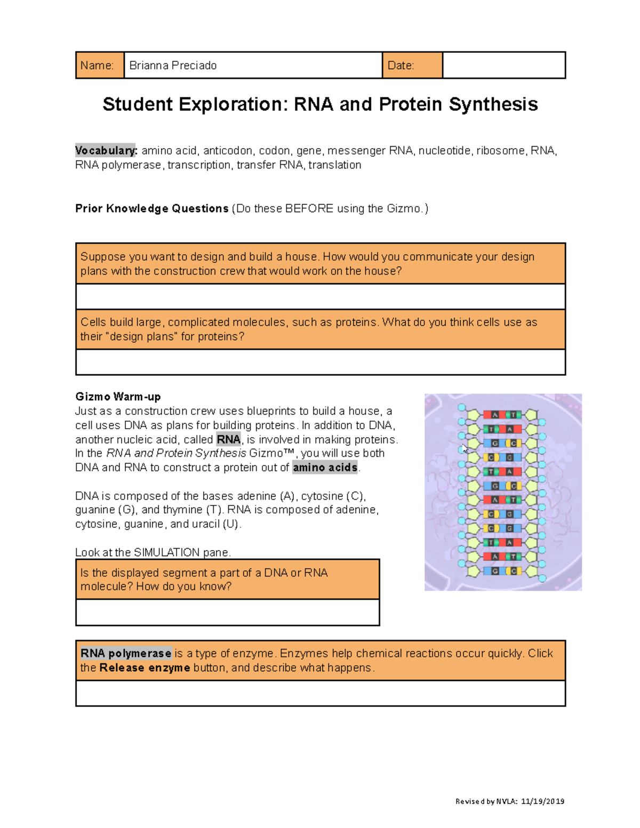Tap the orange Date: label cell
412,66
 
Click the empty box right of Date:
504,66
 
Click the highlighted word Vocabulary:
106,151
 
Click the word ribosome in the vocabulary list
500,151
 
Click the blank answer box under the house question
320,296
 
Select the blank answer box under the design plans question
320,362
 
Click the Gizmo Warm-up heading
118,397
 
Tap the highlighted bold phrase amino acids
325,468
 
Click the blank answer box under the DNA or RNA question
228,612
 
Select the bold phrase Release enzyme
145,668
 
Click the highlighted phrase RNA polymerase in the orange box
126,654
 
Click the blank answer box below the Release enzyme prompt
320,693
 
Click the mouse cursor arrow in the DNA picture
465,449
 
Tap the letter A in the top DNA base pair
495,415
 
